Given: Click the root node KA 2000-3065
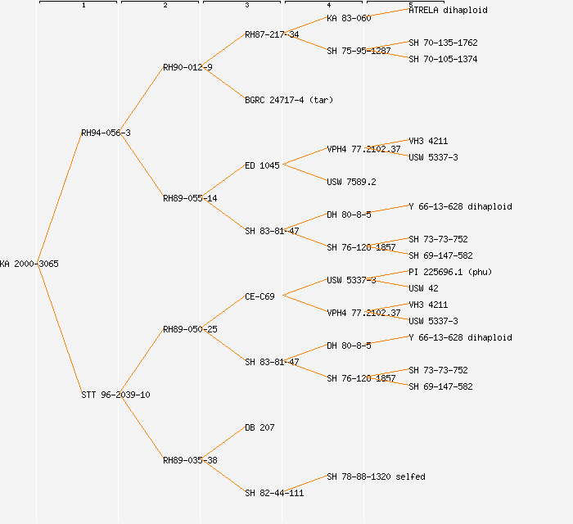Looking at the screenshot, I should click(29, 264).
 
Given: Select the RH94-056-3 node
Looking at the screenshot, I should click(106, 133).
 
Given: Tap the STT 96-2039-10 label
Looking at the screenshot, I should click(115, 395).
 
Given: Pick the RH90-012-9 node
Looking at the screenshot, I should click(187, 67).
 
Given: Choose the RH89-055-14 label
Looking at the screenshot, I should click(190, 198).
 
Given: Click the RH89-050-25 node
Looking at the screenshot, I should click(190, 329).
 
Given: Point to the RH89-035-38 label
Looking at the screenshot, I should click(190, 460).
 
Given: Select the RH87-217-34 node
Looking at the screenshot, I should click(272, 34).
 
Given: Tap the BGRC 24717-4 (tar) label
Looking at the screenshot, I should click(289, 100).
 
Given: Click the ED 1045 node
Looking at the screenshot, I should click(262, 165).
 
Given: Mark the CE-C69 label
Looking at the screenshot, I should click(259, 296).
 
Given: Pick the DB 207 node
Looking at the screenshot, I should click(259, 427).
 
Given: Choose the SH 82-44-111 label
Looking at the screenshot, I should click(274, 493).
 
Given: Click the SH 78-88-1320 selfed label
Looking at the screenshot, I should click(376, 477).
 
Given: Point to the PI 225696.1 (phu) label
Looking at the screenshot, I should click(450, 272).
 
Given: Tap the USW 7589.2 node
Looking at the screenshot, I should click(351, 182).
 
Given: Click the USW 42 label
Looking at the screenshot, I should click(423, 288).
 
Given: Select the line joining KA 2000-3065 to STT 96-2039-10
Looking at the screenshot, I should click(59, 329).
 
